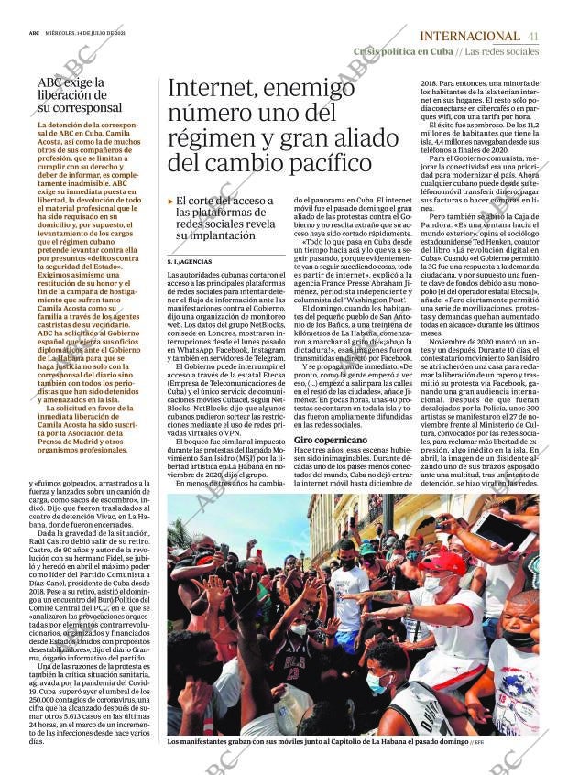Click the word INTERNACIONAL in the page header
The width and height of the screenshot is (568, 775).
coord(468,36)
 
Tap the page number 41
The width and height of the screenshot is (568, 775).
coord(533,36)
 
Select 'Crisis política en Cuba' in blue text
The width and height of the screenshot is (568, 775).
coord(403,51)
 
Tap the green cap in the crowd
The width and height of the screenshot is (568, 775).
coord(367,547)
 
